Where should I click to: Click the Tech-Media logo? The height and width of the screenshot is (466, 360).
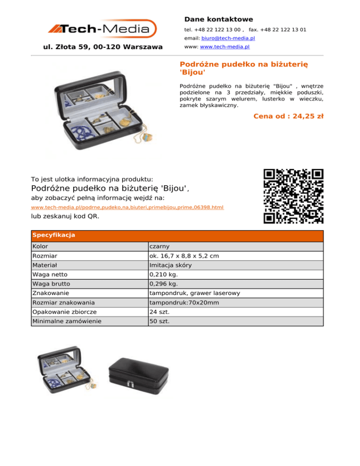point(102,29)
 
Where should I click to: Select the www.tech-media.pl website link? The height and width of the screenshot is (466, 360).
point(225,47)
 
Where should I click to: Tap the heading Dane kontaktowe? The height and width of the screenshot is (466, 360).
point(218,20)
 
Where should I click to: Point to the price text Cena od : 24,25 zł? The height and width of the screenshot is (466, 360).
point(288,116)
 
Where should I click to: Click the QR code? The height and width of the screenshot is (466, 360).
point(293,196)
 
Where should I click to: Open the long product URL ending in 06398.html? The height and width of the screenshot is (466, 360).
point(127,207)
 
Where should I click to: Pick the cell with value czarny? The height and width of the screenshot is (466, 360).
point(159,247)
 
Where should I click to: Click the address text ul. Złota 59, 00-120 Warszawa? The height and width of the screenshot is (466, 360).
point(103,47)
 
